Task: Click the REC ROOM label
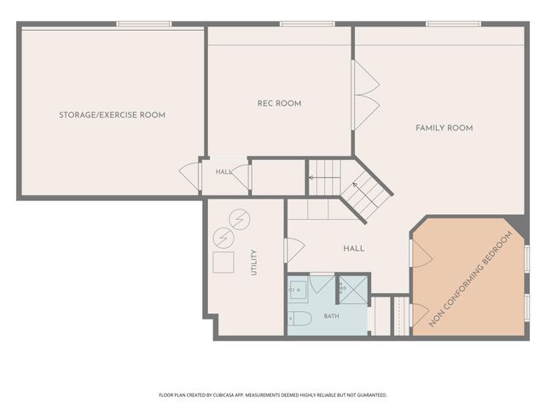click(279, 103)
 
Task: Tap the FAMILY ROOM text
click(444, 128)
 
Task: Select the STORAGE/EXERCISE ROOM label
click(112, 115)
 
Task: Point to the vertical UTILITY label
click(254, 262)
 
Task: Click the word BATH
click(332, 316)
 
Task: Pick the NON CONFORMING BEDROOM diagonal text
click(471, 279)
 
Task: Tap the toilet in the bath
click(299, 319)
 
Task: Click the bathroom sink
click(298, 290)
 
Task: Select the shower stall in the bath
click(353, 290)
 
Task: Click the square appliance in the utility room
click(224, 262)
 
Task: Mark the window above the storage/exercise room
click(144, 24)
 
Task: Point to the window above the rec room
click(307, 24)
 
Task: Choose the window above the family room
click(453, 24)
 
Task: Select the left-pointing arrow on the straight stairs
click(324, 178)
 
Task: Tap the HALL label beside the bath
click(354, 248)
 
